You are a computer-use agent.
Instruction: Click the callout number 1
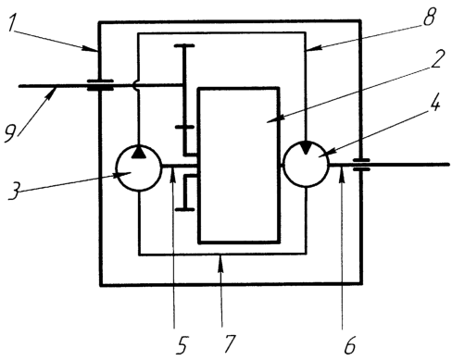coord(11,22)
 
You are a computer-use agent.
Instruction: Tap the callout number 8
coord(430,16)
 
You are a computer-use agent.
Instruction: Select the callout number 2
coord(437,58)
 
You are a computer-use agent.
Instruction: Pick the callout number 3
coord(14,191)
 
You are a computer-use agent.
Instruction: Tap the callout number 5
coord(182,345)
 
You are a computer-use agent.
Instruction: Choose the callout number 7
coord(230,343)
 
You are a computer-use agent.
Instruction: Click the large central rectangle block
coord(239,166)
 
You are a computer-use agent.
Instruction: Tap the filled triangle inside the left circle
coord(139,152)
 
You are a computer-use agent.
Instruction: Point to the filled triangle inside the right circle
coord(306,147)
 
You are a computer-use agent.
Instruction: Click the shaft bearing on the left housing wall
coord(100,85)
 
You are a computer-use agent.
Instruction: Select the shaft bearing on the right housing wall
coord(361,165)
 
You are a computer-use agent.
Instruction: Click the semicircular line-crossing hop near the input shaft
coord(134,85)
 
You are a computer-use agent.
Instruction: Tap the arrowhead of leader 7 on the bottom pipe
coord(220,261)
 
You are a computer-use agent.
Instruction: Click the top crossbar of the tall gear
coord(184,45)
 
